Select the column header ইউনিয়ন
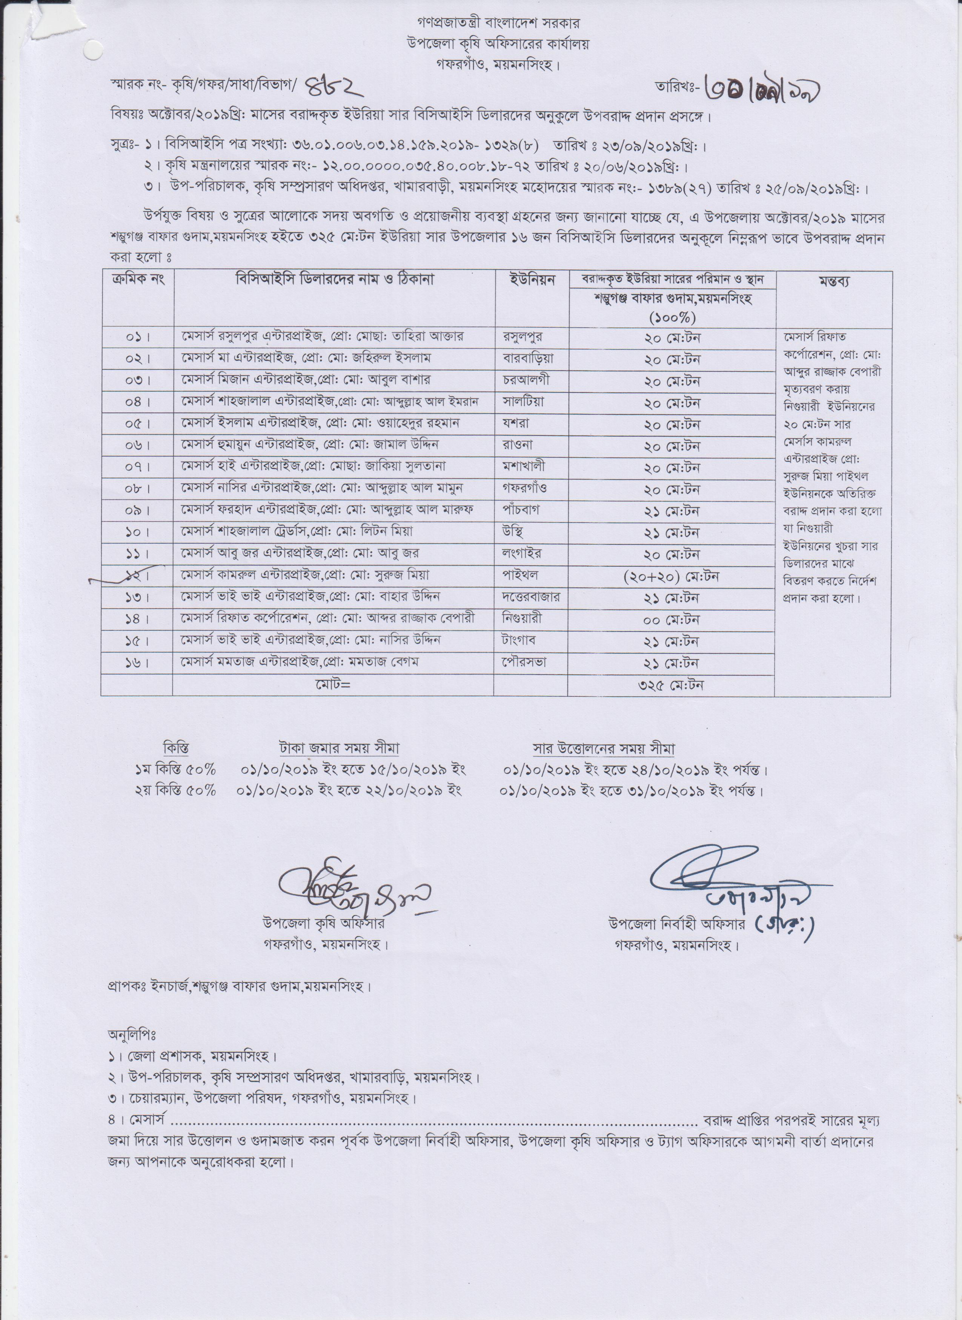(531, 279)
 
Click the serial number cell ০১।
(137, 337)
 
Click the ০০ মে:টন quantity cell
(671, 620)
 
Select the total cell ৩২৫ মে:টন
(671, 685)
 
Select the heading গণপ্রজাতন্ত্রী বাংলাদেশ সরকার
(481, 23)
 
